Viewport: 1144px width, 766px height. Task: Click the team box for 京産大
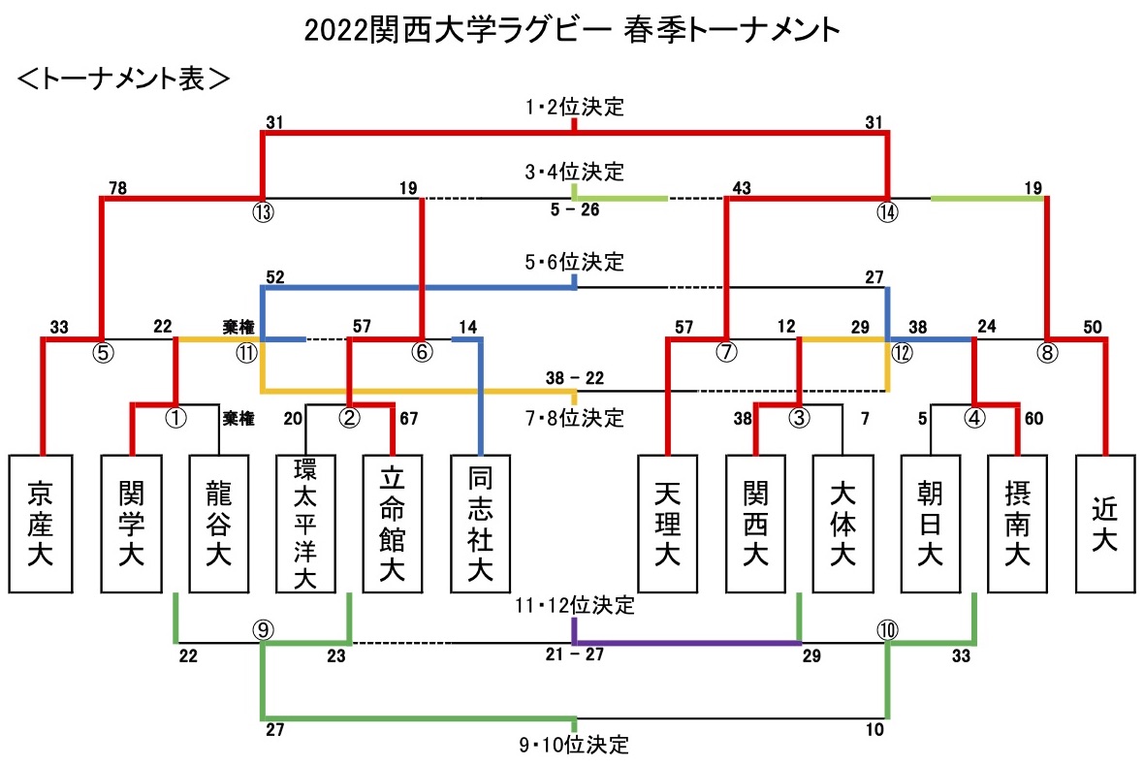point(40,524)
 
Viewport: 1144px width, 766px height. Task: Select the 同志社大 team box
point(480,524)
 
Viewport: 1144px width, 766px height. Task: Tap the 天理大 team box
point(668,524)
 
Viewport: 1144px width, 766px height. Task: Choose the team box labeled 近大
point(1105,524)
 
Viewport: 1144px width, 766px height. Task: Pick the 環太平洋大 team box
point(305,524)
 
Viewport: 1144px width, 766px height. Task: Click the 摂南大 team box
point(1017,524)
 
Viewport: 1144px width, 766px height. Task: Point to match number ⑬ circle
point(263,212)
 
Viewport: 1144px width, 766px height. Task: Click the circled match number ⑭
point(887,212)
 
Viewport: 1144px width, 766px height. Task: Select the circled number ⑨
point(263,629)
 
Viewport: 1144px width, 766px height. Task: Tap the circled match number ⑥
point(422,352)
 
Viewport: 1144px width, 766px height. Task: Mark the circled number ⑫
point(902,353)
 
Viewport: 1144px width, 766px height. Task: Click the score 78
point(117,188)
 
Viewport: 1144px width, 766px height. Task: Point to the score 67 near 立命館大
point(408,419)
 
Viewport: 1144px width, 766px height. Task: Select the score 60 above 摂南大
point(1033,419)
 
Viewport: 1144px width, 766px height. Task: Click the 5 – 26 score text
point(575,210)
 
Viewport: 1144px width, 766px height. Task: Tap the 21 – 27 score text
point(575,654)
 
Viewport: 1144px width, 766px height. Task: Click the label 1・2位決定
point(575,107)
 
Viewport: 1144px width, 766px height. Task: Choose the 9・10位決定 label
point(574,745)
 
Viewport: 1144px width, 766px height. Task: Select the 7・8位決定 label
point(575,418)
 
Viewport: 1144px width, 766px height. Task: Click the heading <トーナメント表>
point(122,79)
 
